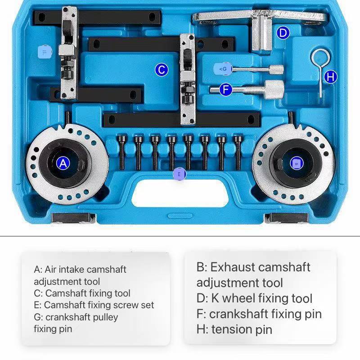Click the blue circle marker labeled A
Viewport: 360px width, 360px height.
(x=63, y=163)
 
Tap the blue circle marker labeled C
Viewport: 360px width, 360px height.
(x=161, y=70)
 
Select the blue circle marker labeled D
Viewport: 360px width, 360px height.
(x=283, y=33)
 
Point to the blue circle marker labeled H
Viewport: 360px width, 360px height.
(x=331, y=77)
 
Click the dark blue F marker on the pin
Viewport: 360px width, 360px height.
(x=226, y=90)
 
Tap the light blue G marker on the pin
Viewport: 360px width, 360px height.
(x=224, y=69)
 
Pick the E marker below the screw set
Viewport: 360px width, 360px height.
(x=179, y=174)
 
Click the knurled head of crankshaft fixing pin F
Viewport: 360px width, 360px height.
(x=273, y=89)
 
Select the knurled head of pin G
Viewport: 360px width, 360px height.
(x=276, y=70)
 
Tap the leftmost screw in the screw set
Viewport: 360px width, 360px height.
(x=121, y=152)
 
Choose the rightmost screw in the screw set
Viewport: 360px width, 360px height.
(x=237, y=152)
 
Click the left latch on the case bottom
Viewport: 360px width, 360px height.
(x=73, y=218)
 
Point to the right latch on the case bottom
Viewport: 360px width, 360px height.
(x=286, y=218)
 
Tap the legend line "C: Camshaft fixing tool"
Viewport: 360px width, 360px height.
(x=82, y=293)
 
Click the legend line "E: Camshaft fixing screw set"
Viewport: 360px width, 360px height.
(x=94, y=305)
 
